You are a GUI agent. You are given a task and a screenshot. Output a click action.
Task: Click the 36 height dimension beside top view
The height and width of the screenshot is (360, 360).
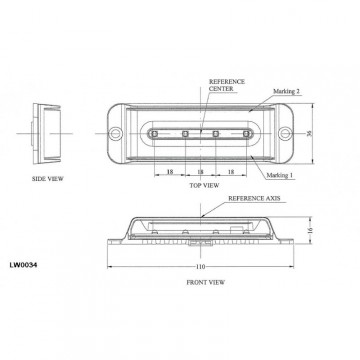click(x=311, y=133)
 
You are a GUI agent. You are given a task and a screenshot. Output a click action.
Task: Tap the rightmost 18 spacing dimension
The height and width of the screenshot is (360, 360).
click(x=232, y=172)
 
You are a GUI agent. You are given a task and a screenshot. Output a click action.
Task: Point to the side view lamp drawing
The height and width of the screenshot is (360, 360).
click(x=43, y=135)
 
